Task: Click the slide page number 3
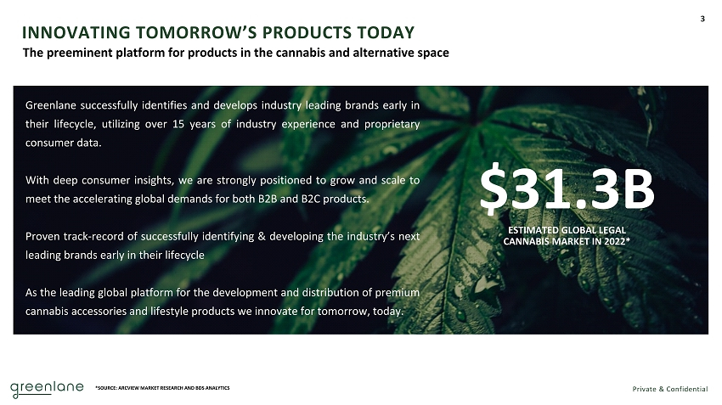click(702, 19)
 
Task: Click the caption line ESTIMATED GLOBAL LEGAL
click(567, 230)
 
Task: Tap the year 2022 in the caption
click(614, 241)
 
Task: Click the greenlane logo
click(47, 389)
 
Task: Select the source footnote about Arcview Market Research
click(162, 388)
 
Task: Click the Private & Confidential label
click(670, 389)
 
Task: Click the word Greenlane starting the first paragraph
click(51, 105)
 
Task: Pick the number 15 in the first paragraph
click(178, 124)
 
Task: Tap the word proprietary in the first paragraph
click(392, 124)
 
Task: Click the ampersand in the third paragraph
click(262, 237)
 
